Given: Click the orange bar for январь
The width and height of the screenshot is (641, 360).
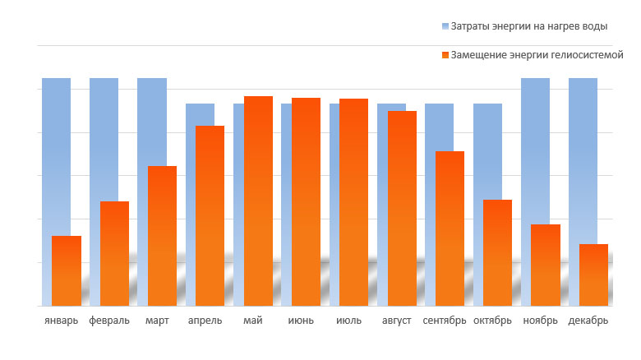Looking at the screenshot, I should pos(67,270).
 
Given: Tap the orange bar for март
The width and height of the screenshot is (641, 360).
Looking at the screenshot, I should pos(162,236).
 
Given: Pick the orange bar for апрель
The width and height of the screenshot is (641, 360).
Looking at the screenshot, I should pos(210,215).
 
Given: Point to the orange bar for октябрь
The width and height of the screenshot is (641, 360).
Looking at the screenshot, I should pos(497,252).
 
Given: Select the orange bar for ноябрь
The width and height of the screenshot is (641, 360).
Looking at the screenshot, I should pos(546,265).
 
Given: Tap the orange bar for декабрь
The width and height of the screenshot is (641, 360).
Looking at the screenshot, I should pos(593,275).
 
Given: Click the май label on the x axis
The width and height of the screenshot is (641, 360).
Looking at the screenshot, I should pos(253,320).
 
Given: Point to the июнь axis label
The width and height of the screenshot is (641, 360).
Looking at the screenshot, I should pos(301,320).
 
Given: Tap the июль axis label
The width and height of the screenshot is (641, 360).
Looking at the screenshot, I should pos(348,320).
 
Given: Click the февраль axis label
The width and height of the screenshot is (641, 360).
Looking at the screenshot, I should pos(109,320).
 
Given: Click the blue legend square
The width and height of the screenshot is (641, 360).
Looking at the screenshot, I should pos(445,26).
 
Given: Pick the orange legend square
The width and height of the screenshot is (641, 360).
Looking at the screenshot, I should pos(445,55).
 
